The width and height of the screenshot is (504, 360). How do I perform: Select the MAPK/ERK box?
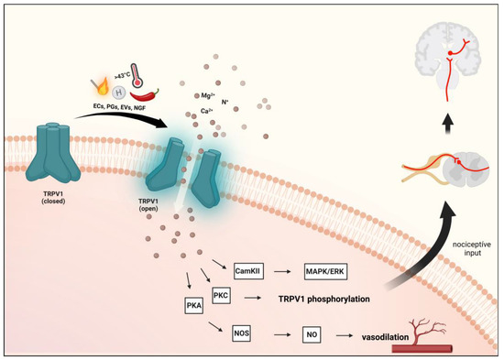[329, 270]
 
